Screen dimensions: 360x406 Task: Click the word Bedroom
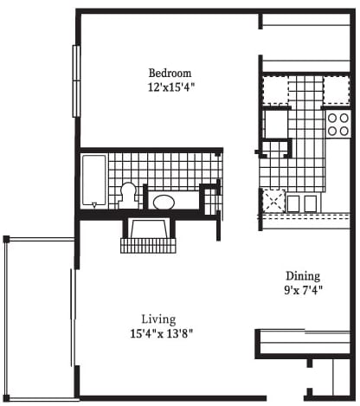(170, 73)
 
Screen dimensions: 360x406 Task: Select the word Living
(158, 319)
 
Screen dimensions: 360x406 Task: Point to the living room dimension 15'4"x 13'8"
(162, 333)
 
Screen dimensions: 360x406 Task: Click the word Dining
(303, 276)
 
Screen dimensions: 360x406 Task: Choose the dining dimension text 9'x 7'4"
(303, 290)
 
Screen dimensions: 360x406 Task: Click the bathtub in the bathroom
(93, 180)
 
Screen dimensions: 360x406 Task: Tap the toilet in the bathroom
(129, 195)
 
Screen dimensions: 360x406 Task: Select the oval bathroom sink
(164, 202)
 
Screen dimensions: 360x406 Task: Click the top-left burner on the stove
(332, 118)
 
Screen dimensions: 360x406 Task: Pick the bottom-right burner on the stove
(344, 131)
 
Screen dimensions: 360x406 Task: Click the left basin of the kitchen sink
(293, 203)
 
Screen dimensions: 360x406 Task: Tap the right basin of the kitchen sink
(311, 203)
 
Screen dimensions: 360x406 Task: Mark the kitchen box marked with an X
(273, 201)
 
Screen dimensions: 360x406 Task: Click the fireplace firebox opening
(149, 229)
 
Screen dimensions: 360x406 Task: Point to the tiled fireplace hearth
(148, 246)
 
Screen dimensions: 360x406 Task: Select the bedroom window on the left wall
(76, 81)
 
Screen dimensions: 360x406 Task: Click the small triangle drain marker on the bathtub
(94, 205)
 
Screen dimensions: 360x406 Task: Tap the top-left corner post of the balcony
(6, 239)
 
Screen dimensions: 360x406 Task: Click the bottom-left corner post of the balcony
(6, 398)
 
